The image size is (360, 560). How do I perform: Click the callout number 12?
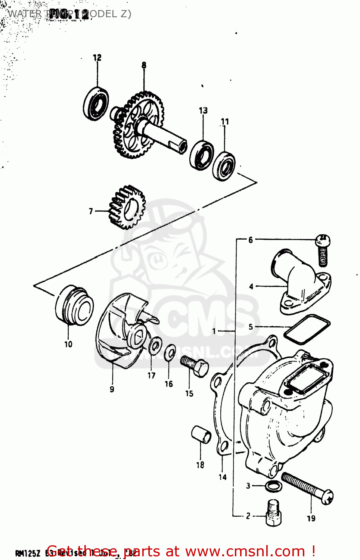pos(97,57)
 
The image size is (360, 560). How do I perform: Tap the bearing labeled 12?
pos(96,103)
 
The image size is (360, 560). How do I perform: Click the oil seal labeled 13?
pos(202,155)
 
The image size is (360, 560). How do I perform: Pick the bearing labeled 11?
pos(224,165)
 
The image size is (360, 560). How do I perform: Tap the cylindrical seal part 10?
pos(74,306)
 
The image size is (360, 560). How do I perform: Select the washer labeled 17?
pos(155,345)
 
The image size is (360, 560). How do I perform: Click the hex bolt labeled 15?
pos(194,366)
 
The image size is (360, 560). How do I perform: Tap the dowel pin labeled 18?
pos(201,435)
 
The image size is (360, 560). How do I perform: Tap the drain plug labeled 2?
pos(274,513)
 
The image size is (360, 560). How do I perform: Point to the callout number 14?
pos(223,477)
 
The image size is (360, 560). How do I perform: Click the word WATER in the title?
pos(25,14)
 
